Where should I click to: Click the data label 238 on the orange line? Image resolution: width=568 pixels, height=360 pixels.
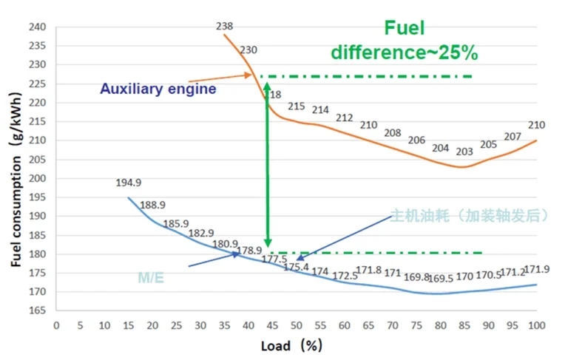point(225,26)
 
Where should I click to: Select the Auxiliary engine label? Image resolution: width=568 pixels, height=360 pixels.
point(158,89)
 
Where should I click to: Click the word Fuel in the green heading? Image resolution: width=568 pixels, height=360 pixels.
point(405,29)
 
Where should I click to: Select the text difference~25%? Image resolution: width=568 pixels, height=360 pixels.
point(404,52)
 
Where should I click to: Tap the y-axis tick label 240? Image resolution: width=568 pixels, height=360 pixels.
point(37,27)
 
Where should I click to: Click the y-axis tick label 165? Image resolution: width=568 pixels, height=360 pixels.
point(37,311)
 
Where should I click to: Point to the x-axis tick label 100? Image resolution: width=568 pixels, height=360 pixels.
point(536,325)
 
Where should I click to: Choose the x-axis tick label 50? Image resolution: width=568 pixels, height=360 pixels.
point(297,325)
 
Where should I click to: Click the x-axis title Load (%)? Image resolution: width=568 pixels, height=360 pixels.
point(291,346)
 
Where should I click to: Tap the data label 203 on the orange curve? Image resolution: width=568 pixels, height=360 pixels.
point(464,152)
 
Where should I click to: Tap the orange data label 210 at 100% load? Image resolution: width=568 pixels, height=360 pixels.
point(537,125)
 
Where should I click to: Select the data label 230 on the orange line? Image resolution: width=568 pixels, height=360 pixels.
point(248,50)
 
